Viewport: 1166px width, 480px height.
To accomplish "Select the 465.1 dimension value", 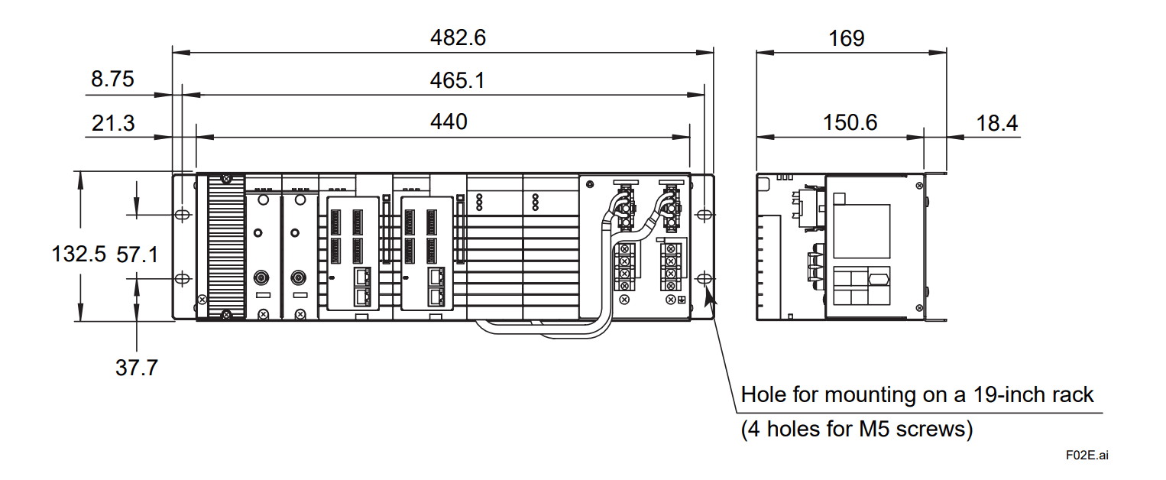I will (x=457, y=79).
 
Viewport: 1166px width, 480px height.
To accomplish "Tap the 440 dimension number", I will (x=449, y=122).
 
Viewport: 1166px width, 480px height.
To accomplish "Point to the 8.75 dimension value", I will (x=112, y=79).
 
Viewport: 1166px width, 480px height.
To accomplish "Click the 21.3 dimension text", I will (x=113, y=122).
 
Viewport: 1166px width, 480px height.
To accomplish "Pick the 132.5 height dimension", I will (x=79, y=254).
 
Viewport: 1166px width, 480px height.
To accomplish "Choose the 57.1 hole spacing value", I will (x=138, y=254).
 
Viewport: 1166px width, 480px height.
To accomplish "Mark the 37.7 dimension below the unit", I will (x=137, y=368).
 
